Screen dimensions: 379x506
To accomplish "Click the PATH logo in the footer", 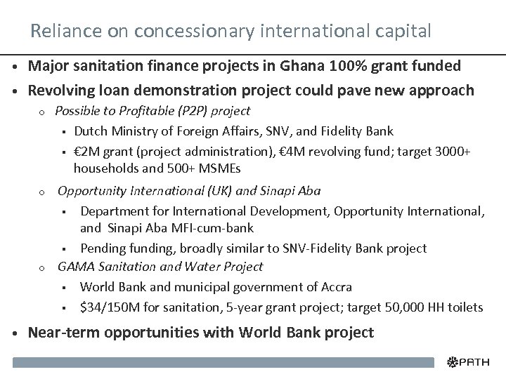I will pyautogui.click(x=470, y=363).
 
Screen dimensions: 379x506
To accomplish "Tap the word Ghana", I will pyautogui.click(x=296, y=67).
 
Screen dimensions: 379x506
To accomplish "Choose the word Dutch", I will pyautogui.click(x=89, y=131).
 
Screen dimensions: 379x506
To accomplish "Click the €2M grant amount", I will pyautogui.click(x=87, y=151).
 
